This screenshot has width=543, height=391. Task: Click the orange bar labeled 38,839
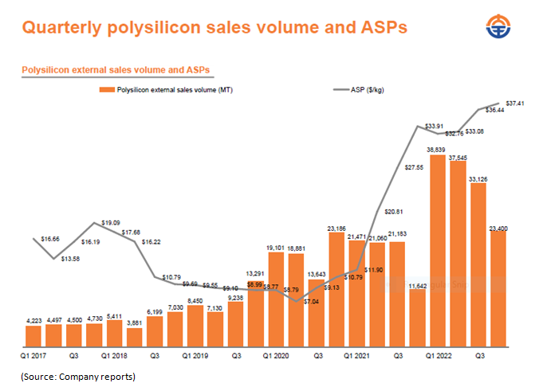[x=437, y=251]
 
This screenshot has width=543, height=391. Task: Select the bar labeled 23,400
[x=498, y=291]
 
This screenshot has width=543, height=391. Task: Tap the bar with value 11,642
[x=417, y=319]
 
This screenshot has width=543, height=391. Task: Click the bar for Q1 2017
[x=33, y=336]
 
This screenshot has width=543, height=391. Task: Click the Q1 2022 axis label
[x=440, y=358]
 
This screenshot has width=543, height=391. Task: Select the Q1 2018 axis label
[x=115, y=358]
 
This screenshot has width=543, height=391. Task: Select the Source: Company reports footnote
[x=77, y=376]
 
